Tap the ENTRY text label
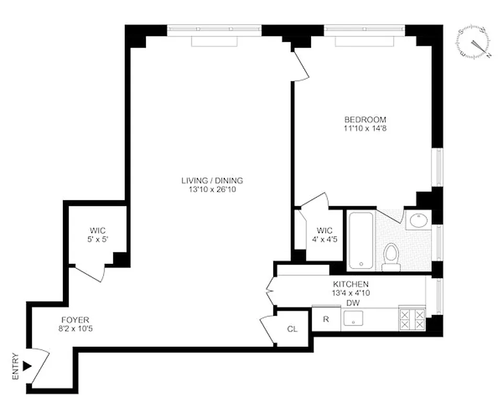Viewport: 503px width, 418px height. click(x=16, y=367)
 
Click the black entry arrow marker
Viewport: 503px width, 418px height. click(x=27, y=367)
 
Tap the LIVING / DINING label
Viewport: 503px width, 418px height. click(x=212, y=181)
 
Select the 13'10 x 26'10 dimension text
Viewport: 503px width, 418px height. click(x=212, y=190)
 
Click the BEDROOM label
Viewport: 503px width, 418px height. click(x=365, y=119)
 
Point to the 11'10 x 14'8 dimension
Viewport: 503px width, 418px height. click(x=365, y=127)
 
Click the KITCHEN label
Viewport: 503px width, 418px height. click(x=350, y=284)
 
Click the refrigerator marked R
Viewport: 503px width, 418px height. click(x=326, y=319)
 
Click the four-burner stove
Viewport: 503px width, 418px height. click(x=411, y=318)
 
